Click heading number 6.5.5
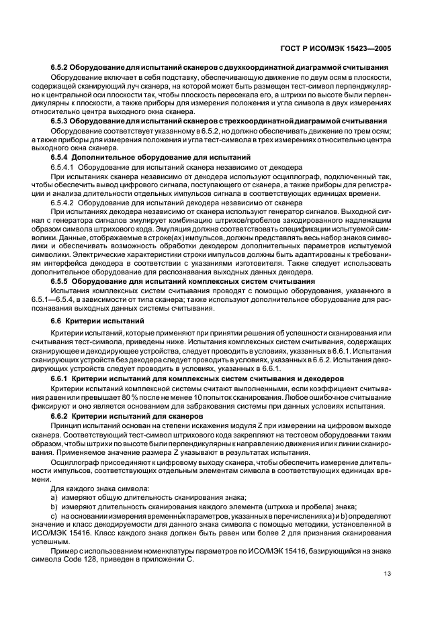(62, 281)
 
